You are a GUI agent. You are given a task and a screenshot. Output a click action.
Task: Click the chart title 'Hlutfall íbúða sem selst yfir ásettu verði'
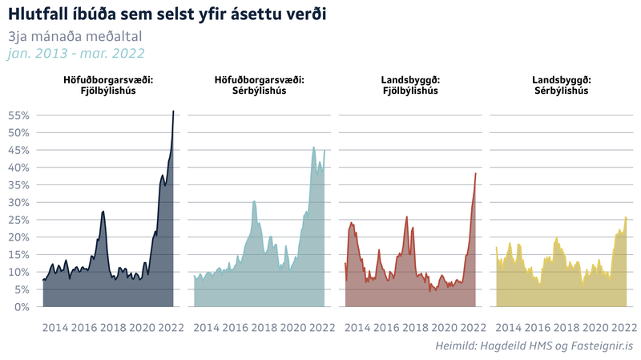tap(167, 14)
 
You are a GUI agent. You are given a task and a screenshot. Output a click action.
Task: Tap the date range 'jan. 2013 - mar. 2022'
tap(75, 54)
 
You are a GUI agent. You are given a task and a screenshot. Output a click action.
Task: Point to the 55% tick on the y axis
tap(18, 115)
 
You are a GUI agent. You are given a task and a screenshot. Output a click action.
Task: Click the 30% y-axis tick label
tap(18, 202)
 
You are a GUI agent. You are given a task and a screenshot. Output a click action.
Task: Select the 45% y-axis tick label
tap(18, 150)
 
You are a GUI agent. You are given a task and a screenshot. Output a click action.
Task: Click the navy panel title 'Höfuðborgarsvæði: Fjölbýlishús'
tap(108, 86)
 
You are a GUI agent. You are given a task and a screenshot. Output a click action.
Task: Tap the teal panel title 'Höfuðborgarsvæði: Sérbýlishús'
tap(259, 86)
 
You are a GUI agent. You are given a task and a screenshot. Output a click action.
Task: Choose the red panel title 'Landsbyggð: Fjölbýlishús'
tap(409, 86)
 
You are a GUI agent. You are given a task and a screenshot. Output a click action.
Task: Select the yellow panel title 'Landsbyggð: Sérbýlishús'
tap(561, 86)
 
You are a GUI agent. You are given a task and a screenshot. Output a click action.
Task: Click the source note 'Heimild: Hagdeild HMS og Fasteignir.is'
tap(534, 346)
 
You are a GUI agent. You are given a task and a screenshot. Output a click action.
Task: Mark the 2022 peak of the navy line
tap(173, 111)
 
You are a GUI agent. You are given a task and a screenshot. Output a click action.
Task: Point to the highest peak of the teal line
tap(313, 148)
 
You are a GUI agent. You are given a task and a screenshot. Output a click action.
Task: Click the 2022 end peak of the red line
tap(476, 173)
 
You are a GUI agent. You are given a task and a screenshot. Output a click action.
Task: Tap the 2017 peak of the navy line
tap(103, 211)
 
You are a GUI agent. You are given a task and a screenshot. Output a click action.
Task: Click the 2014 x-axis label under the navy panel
tap(54, 327)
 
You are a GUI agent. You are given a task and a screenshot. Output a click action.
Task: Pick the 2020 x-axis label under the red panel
tap(443, 327)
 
